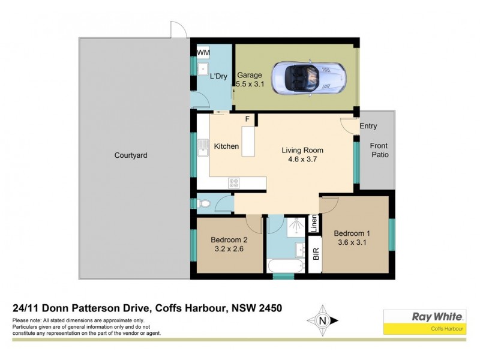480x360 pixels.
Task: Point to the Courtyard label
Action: [x=131, y=155]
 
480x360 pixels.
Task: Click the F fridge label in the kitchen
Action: [x=247, y=119]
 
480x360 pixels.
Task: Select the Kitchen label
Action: [x=226, y=146]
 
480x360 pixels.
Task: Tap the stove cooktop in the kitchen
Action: [x=234, y=183]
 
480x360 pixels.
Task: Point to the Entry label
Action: [x=368, y=126]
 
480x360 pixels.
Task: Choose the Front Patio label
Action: [x=379, y=150]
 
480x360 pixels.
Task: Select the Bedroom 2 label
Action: [x=229, y=244]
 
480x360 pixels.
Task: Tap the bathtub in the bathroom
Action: [x=284, y=265]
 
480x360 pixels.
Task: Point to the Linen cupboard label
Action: [x=313, y=224]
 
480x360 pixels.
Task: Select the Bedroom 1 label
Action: [x=352, y=238]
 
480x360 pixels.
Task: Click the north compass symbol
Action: [x=322, y=320]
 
